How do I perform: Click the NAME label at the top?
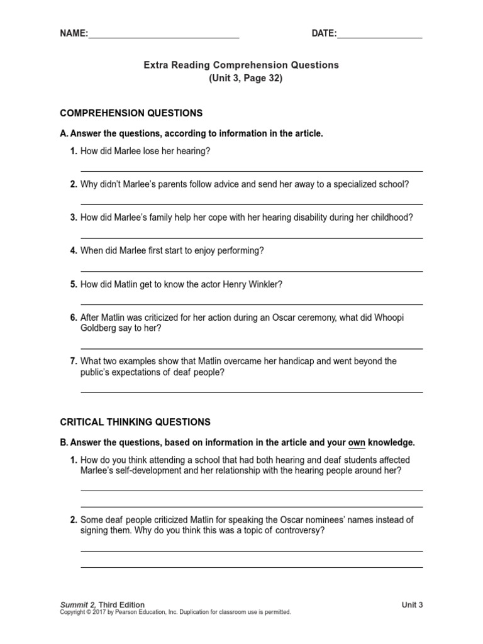73,33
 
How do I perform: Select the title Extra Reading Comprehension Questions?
241,65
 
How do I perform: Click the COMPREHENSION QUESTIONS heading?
131,113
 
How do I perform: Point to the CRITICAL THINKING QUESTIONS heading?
135,422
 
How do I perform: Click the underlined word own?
357,443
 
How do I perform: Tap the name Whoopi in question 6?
391,318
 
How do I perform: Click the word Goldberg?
100,328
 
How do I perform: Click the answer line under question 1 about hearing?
252,170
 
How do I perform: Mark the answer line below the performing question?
252,271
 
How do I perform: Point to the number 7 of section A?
74,361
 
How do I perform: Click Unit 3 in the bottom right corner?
413,605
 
